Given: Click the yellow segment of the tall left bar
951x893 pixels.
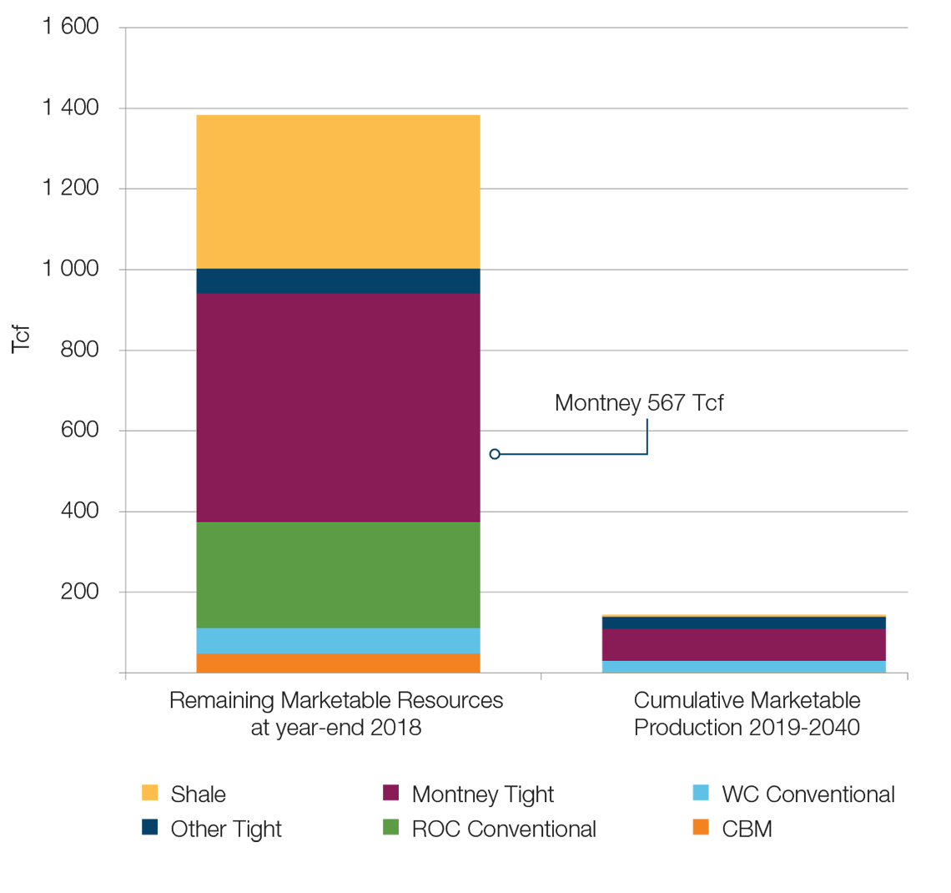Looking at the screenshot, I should click(x=340, y=189).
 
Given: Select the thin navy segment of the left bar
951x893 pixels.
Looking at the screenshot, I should click(x=340, y=281).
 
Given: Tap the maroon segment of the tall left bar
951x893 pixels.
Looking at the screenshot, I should click(x=340, y=407).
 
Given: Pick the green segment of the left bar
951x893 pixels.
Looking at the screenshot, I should click(x=340, y=574).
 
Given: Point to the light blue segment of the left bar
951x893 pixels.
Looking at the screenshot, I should click(x=340, y=640).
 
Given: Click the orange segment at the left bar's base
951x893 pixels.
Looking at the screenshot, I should click(x=340, y=663).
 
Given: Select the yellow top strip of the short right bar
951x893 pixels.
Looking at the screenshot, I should click(x=742, y=610).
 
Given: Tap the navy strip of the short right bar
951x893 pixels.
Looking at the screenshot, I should click(x=742, y=623).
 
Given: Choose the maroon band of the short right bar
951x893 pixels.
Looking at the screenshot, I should click(x=742, y=644).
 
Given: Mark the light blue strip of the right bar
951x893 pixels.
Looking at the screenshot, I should click(x=742, y=666).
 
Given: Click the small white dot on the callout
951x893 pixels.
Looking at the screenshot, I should click(x=495, y=454).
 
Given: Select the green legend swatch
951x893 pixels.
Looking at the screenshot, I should click(x=369, y=825).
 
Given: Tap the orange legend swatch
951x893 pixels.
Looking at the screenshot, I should click(x=681, y=825).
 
